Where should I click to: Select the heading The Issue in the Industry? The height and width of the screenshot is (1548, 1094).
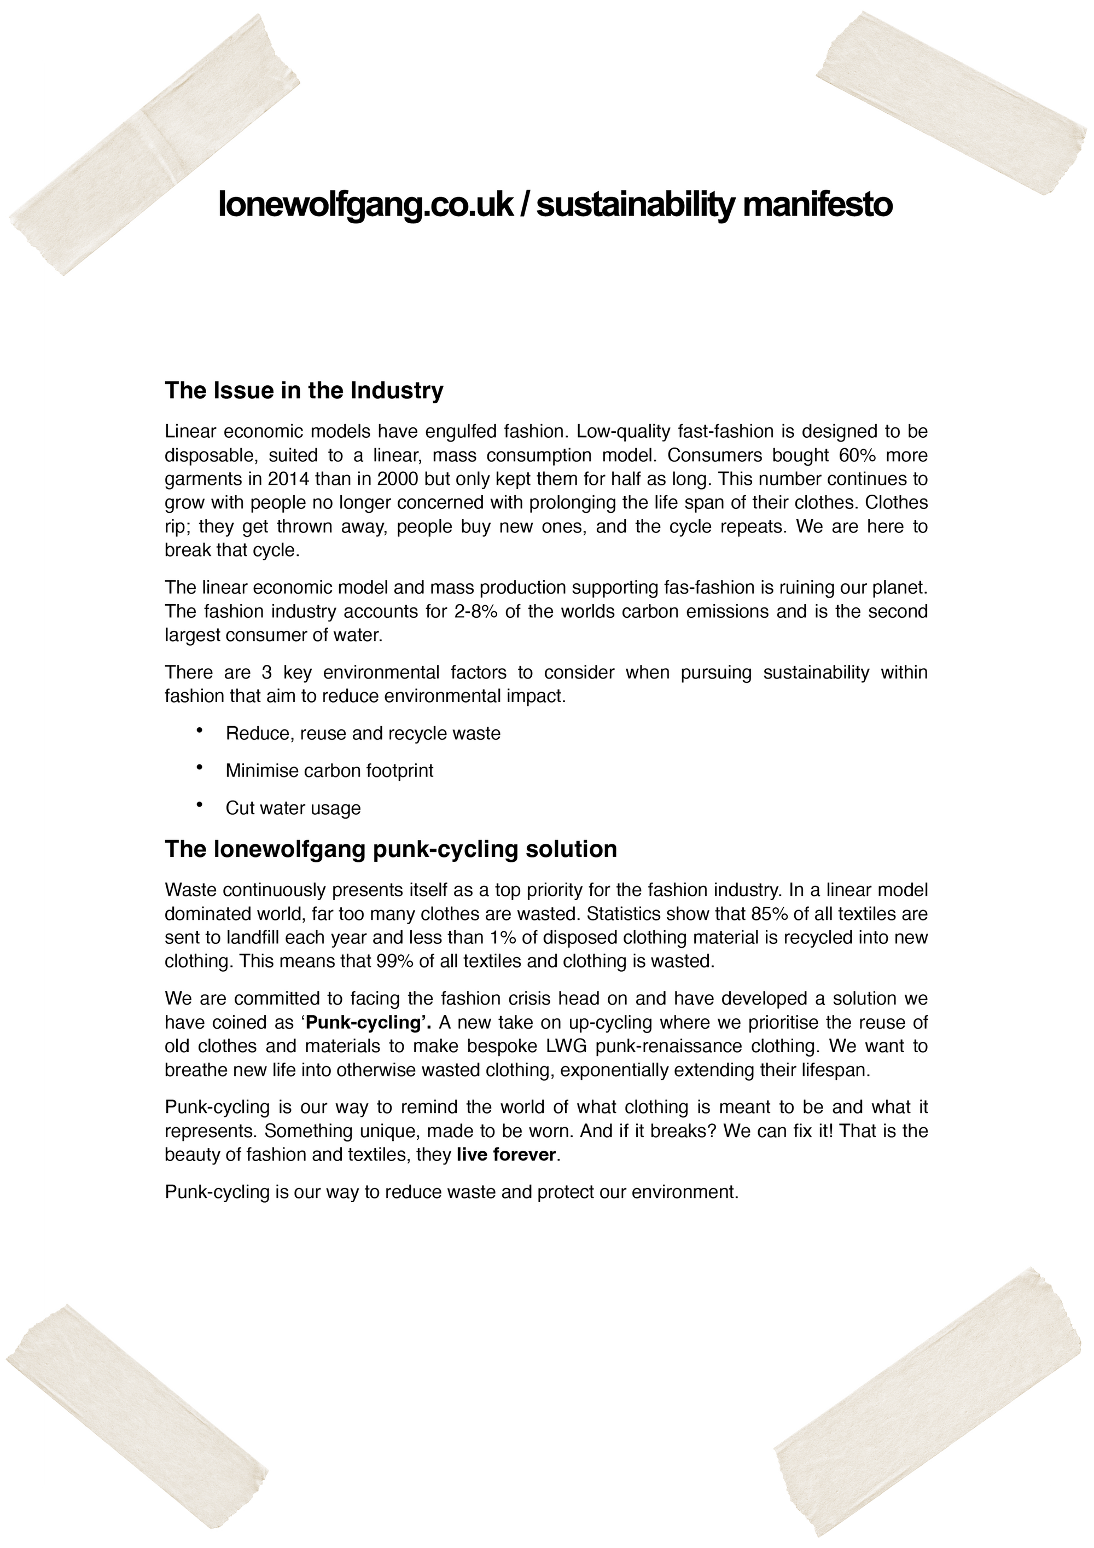tap(304, 390)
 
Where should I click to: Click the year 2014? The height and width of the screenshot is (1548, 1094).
tap(288, 479)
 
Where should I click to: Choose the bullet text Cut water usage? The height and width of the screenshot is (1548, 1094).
tap(293, 808)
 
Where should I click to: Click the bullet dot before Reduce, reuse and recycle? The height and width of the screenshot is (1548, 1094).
tap(200, 729)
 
